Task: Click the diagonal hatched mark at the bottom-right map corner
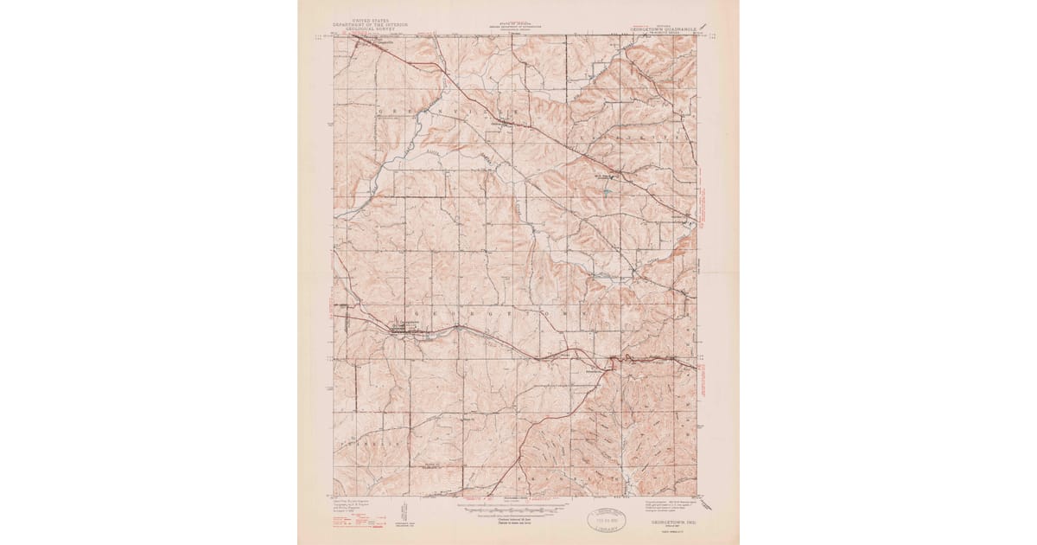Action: point(699,495)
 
